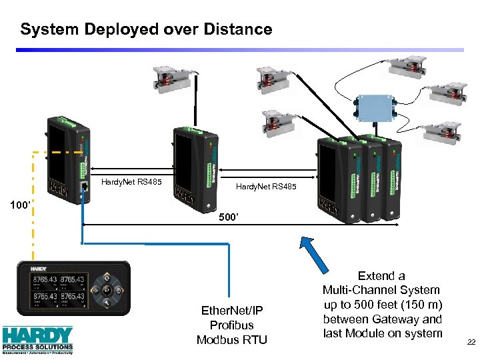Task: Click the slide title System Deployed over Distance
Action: point(146,29)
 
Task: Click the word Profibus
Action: point(231,325)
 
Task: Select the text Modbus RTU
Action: point(231,339)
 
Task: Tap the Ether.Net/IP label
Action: point(231,310)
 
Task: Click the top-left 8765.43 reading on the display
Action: point(44,279)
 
